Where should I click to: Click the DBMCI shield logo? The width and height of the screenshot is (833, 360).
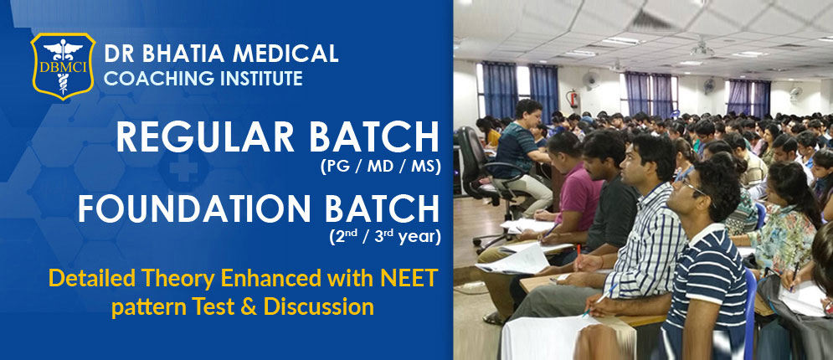pos(63,66)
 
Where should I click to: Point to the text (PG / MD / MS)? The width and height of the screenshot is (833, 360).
pos(380,167)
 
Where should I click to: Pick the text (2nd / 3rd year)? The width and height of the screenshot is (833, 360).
pos(383,237)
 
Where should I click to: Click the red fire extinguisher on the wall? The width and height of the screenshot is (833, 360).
pos(573,98)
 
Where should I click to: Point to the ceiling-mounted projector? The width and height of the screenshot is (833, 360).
pos(702,50)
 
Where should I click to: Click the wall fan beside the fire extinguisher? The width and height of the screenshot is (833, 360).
pos(591,79)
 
